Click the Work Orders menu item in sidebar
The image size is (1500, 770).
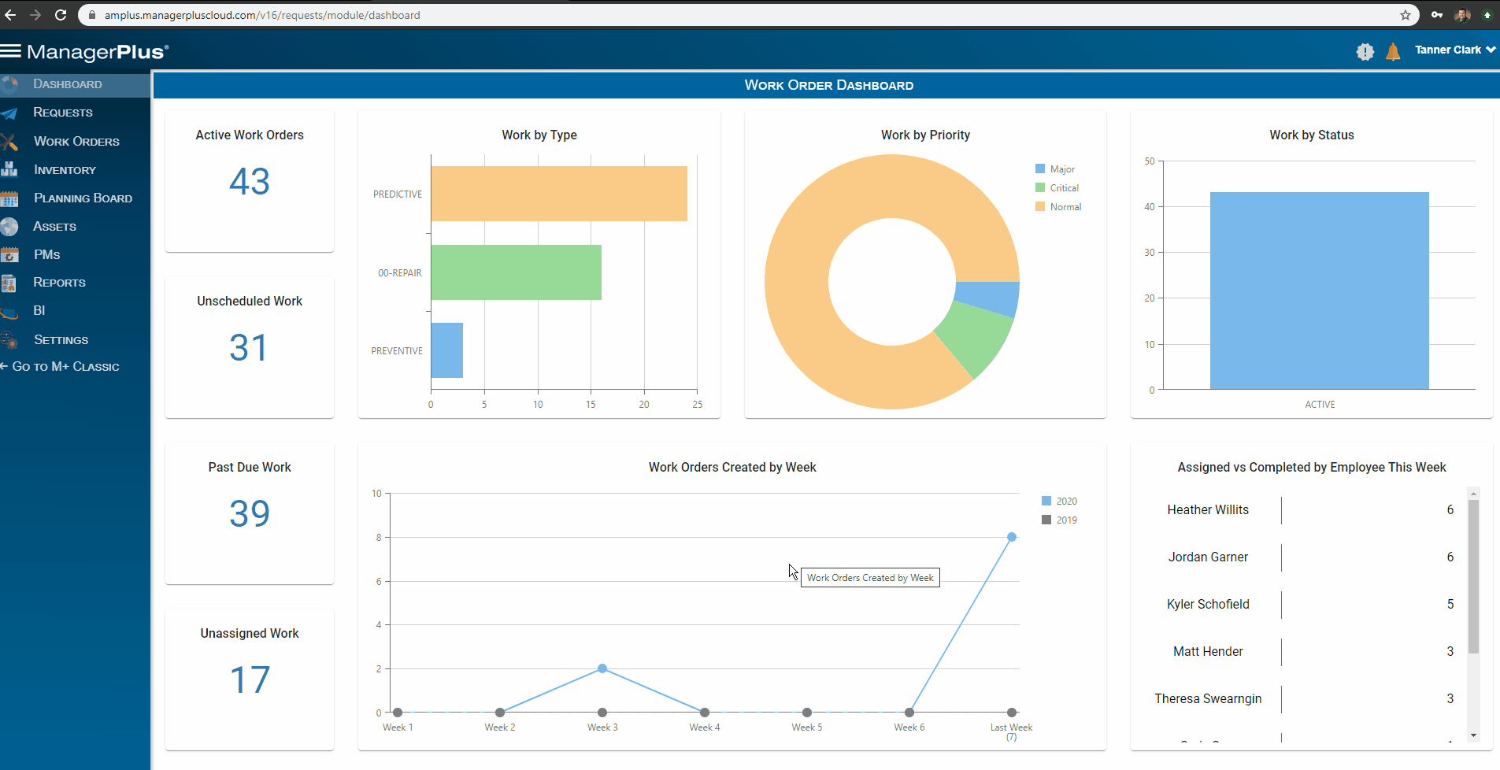tap(76, 142)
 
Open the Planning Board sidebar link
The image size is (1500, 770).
tap(82, 198)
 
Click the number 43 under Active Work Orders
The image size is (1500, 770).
tap(250, 182)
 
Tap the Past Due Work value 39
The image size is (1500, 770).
tap(250, 514)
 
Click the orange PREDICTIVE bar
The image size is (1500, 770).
tap(558, 194)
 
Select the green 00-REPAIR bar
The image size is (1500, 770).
tap(516, 272)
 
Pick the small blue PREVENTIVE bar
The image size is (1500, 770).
tap(446, 350)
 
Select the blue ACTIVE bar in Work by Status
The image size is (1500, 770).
tap(1319, 291)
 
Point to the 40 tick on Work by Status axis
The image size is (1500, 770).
tap(1150, 207)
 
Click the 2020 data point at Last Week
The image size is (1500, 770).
tap(1012, 537)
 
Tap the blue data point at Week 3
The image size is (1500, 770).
tap(602, 668)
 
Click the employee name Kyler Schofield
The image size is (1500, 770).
tap(1208, 605)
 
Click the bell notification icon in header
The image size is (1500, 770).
tap(1393, 52)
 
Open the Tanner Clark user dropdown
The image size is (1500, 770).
tap(1454, 50)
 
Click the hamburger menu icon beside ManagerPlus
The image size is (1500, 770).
tap(11, 51)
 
